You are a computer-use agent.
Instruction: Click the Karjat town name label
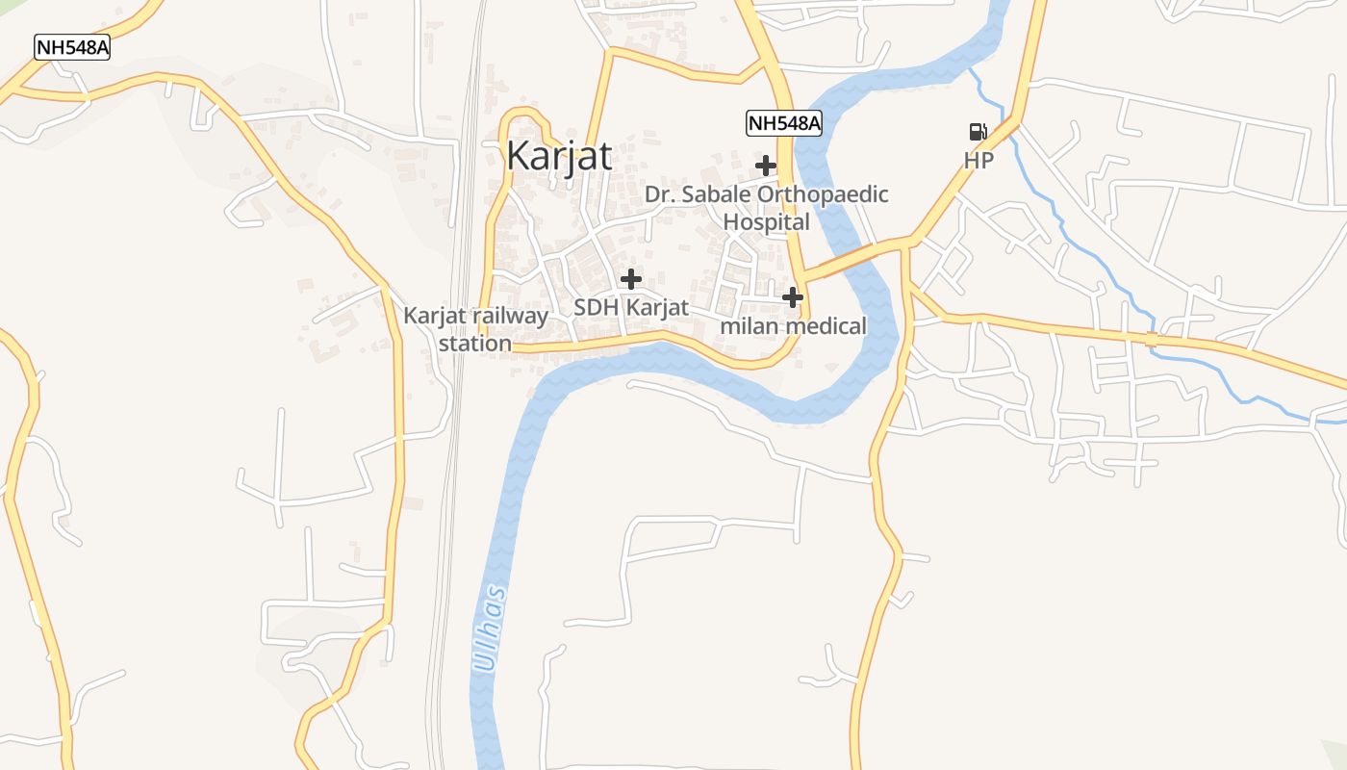click(x=559, y=155)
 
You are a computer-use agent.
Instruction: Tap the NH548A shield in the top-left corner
click(x=72, y=47)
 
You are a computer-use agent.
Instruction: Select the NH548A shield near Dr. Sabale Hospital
click(x=784, y=122)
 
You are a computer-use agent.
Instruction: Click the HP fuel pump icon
click(x=978, y=132)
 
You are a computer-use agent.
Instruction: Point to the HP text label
click(x=978, y=161)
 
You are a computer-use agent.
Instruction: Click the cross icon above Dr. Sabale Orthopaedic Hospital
click(x=766, y=166)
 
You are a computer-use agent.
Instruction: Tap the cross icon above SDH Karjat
click(x=631, y=279)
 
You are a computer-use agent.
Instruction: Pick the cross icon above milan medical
click(x=793, y=297)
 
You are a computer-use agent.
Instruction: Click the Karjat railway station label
click(x=475, y=329)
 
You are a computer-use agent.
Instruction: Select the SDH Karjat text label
click(x=631, y=308)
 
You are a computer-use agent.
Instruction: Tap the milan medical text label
click(x=794, y=326)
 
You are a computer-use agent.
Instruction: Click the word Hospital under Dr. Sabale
click(x=766, y=221)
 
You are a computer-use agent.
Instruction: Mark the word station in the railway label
click(x=475, y=343)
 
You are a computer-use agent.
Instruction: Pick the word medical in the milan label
click(x=826, y=326)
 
